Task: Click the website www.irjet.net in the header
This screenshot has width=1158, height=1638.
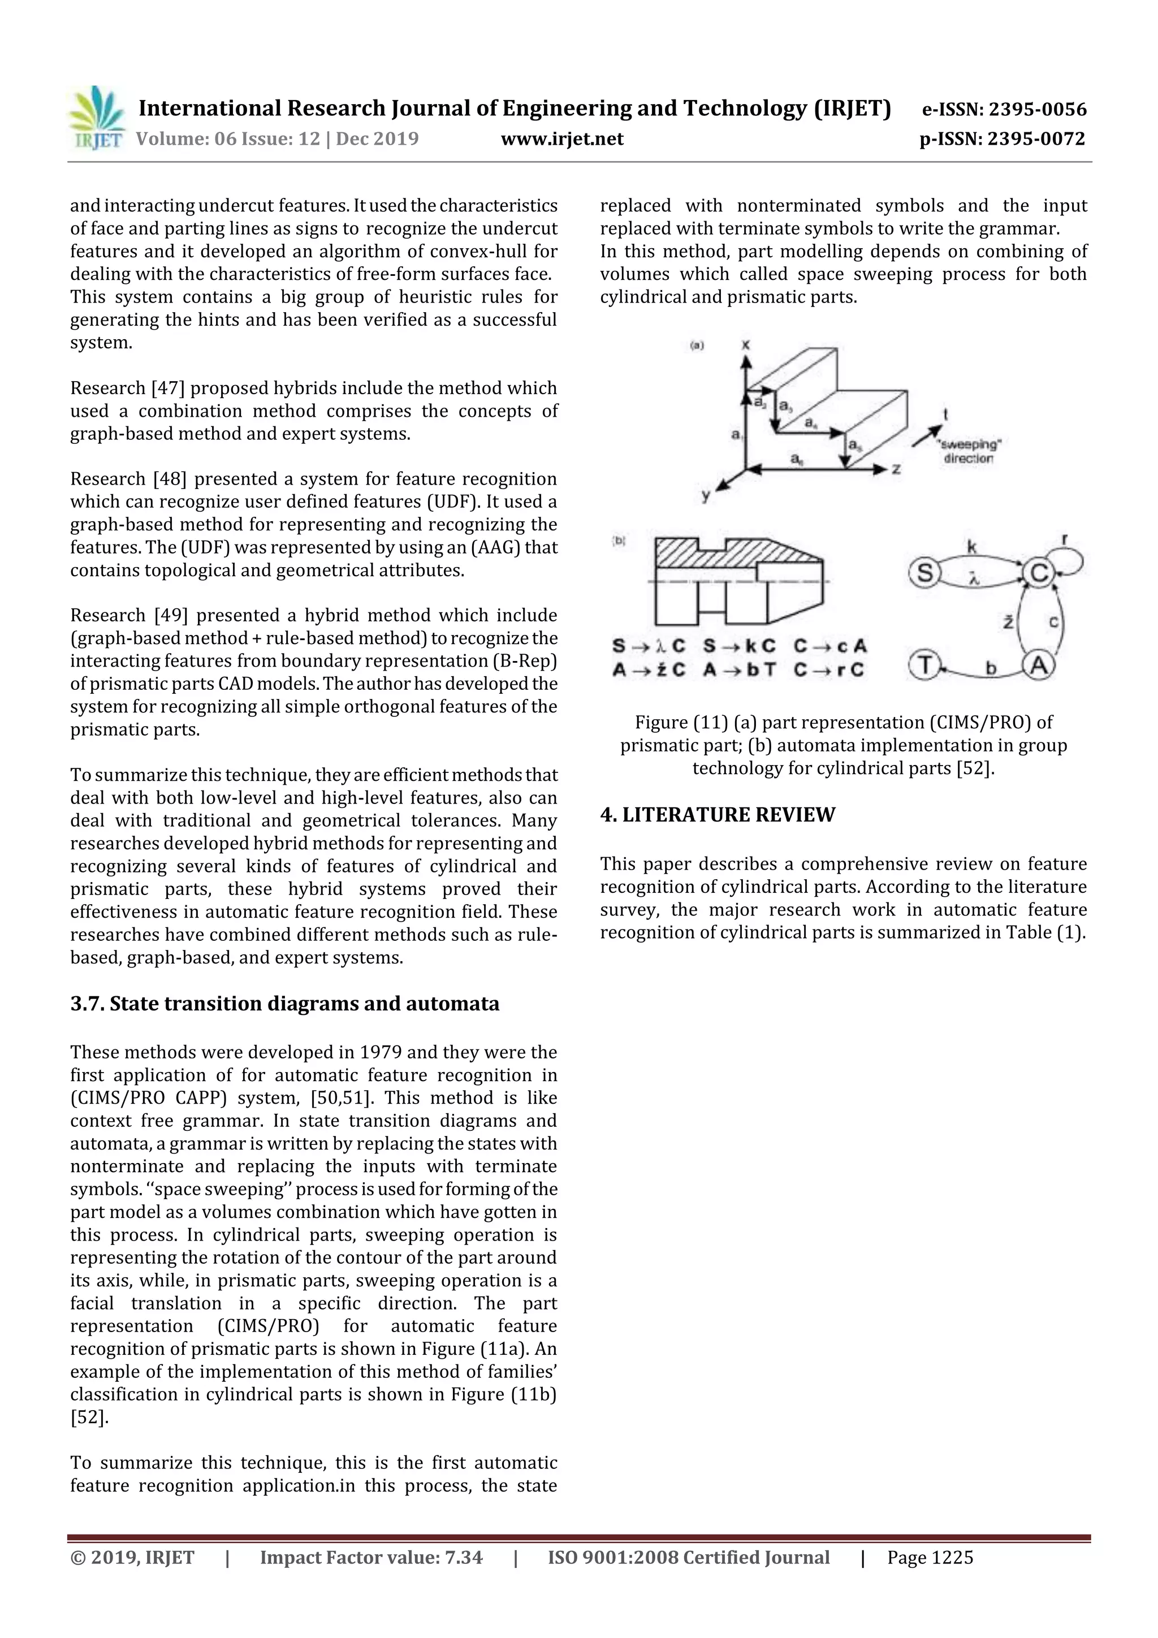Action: click(562, 139)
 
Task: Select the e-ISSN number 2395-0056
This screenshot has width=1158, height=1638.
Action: click(1038, 109)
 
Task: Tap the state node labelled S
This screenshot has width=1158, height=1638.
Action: click(924, 572)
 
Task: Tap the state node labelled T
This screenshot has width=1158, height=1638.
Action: click(924, 665)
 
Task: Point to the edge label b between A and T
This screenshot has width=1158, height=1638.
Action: click(990, 668)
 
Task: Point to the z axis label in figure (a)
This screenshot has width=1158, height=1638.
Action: click(896, 469)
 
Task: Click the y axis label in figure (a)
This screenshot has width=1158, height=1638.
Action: click(706, 495)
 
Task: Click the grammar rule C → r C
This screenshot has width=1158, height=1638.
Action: click(829, 669)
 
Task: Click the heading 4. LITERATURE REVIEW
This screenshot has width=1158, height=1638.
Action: click(717, 815)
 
